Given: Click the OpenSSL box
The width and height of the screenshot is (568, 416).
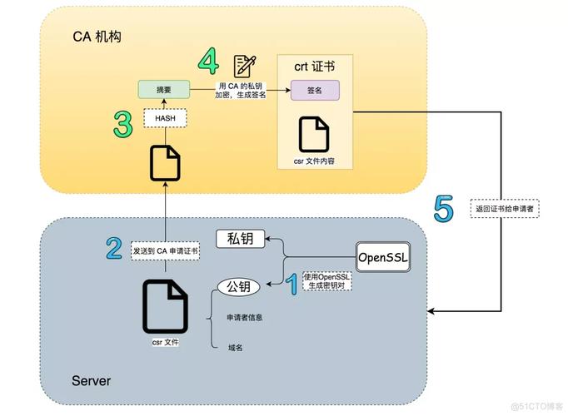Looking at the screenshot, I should pos(384,256).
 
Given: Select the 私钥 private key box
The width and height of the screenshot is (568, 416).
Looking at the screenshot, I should pos(240,239).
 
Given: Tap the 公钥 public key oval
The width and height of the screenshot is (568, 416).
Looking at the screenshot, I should pos(238,287).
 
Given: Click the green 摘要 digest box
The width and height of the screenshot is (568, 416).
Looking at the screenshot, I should pos(163,89).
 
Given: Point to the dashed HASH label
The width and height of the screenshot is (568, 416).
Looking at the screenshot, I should pos(165,118).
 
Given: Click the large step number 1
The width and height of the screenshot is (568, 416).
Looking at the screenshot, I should pos(291,286).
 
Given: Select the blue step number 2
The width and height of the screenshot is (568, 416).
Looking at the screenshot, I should pos(115,248).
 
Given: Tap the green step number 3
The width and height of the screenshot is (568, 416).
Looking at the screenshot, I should pos(123,125).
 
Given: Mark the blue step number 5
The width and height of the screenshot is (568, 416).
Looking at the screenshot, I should pos(444,208).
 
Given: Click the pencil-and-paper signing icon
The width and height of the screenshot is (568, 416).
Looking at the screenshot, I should pos(244,65).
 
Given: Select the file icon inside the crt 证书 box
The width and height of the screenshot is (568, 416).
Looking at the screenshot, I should pos(314,133).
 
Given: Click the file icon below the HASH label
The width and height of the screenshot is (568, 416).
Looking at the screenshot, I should pos(165,162).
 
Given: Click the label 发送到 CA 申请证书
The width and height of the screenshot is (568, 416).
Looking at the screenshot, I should pos(165,249).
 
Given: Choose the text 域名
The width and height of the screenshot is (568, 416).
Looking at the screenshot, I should pos(237,347).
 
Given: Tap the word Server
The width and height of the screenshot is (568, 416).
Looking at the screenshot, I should pos(91,381).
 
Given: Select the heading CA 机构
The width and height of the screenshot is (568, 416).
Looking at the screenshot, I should pos(97,37).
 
